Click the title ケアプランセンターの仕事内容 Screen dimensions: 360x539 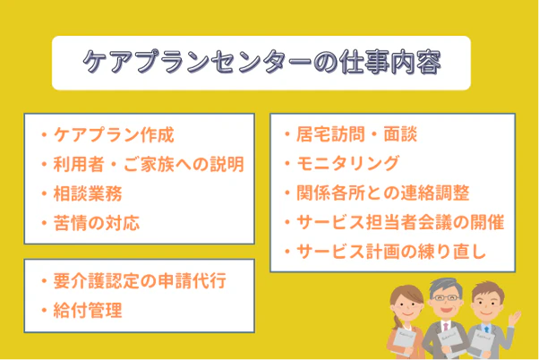coord(261,64)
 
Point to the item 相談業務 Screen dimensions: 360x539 coord(88,193)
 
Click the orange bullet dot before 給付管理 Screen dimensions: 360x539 coord(44,311)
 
